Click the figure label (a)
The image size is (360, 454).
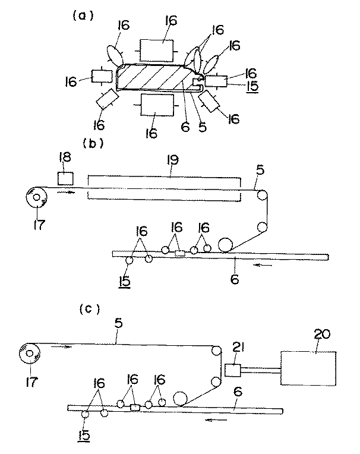pyautogui.click(x=83, y=16)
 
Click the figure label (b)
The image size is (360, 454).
pyautogui.click(x=93, y=143)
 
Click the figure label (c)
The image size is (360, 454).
pyautogui.click(x=90, y=309)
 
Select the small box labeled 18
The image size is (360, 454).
pyautogui.click(x=65, y=178)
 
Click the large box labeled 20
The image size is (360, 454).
pyautogui.click(x=308, y=368)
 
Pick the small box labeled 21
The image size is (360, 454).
pyautogui.click(x=233, y=370)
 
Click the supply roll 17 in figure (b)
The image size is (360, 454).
pyautogui.click(x=37, y=197)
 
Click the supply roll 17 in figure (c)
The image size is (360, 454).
pyautogui.click(x=30, y=354)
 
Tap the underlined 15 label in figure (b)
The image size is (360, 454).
pyautogui.click(x=124, y=282)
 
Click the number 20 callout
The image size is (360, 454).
pyautogui.click(x=322, y=334)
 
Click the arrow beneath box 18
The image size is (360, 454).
pyautogui.click(x=67, y=192)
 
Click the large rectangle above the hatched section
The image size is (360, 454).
pyautogui.click(x=157, y=51)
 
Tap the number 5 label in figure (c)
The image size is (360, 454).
pyautogui.click(x=119, y=323)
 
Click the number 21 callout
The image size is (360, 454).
pyautogui.click(x=238, y=348)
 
